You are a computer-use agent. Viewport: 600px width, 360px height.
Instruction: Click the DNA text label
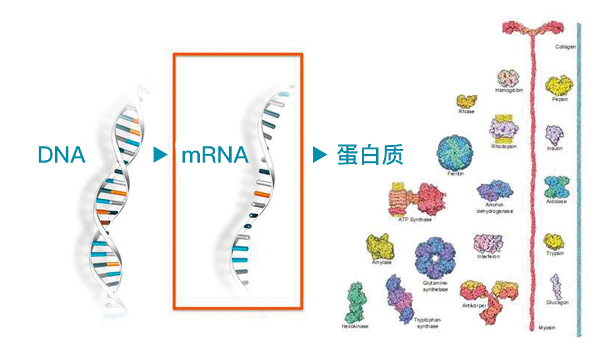(x=61, y=155)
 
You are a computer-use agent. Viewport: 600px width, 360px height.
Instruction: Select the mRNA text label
(x=214, y=155)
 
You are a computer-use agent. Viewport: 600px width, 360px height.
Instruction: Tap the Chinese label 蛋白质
(x=368, y=155)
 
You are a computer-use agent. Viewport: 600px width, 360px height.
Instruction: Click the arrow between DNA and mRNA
(x=160, y=155)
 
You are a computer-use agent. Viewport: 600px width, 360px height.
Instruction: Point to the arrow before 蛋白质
(x=319, y=155)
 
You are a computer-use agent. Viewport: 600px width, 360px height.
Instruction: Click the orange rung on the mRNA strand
(x=260, y=194)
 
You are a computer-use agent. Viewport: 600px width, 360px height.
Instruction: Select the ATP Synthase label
(x=415, y=220)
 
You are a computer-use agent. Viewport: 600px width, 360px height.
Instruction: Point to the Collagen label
(x=565, y=46)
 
